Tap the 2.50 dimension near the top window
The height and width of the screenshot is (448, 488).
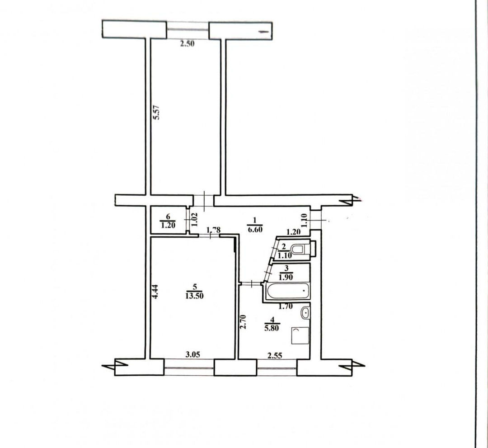click(x=187, y=44)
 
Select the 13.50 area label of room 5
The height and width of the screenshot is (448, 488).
click(x=194, y=296)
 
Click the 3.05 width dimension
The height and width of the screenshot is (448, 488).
click(x=192, y=354)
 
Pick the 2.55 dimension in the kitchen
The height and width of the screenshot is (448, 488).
click(x=275, y=355)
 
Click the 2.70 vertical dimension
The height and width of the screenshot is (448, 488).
click(x=244, y=322)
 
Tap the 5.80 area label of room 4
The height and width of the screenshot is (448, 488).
click(x=272, y=328)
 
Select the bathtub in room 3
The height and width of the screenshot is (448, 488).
click(x=286, y=292)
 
